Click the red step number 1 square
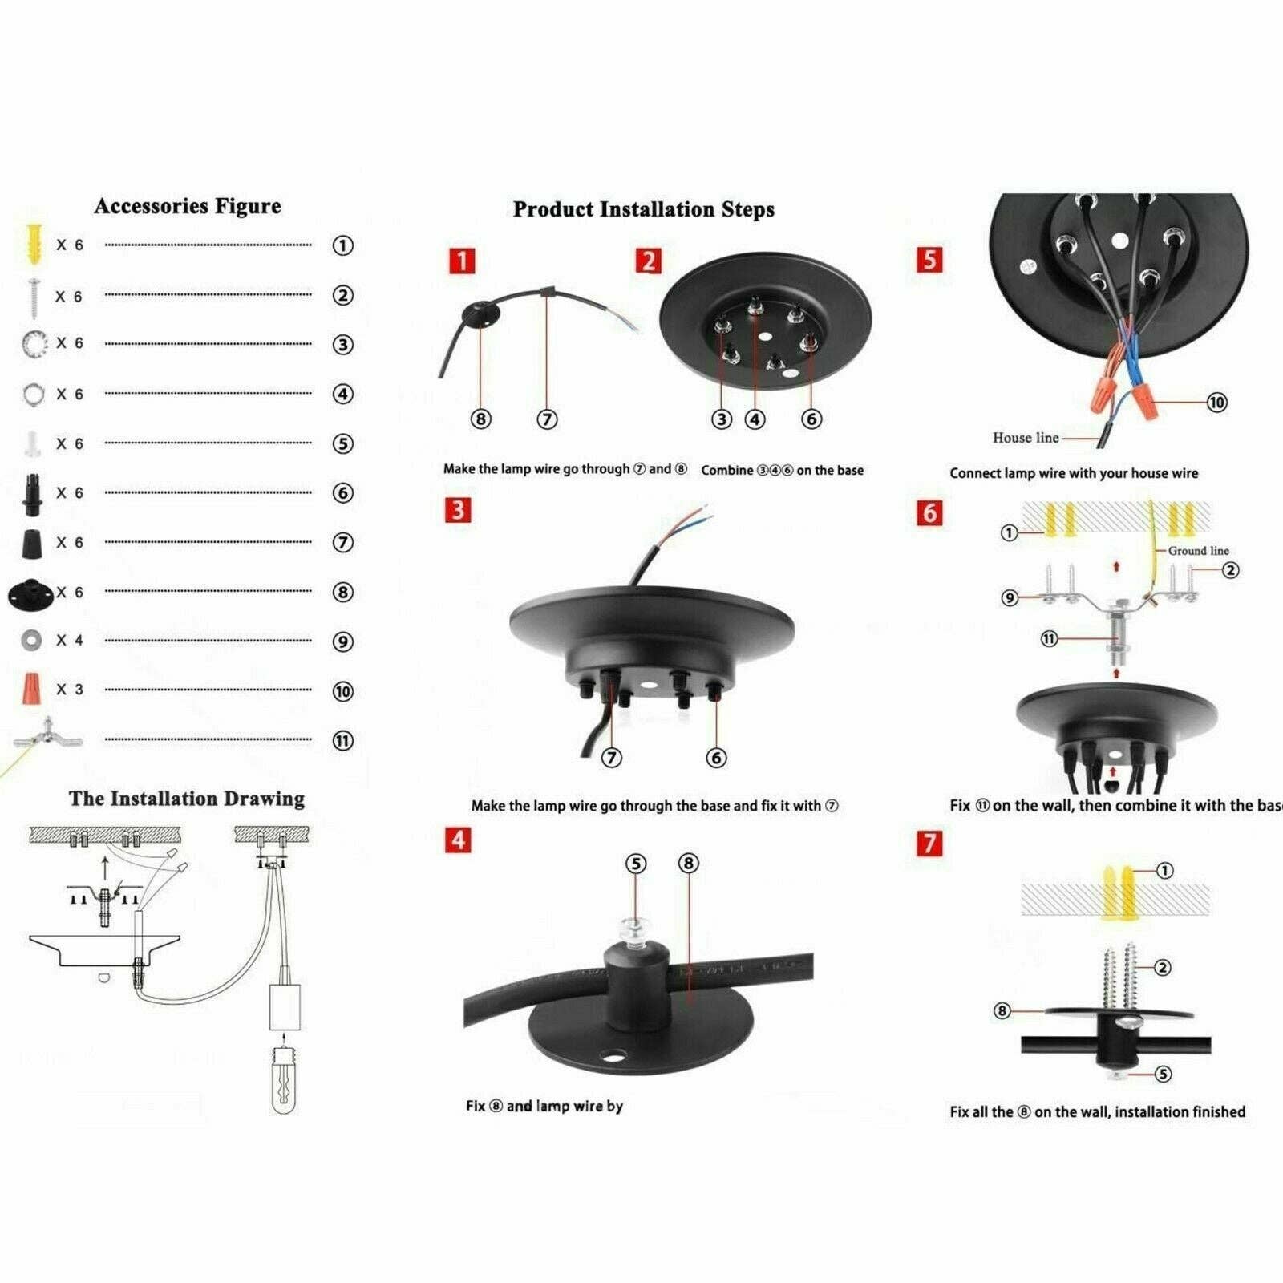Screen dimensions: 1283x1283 (x=462, y=261)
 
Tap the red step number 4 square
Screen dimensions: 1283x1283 (x=458, y=840)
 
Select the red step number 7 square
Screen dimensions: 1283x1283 (x=929, y=843)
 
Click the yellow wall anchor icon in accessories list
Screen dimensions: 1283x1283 (x=33, y=244)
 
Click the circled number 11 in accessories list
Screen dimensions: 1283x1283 (x=342, y=741)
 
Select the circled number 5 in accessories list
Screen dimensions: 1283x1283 (x=342, y=444)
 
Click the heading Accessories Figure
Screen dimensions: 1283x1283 (x=188, y=206)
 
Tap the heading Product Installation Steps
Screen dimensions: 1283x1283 (x=644, y=209)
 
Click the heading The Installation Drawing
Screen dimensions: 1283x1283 (x=187, y=799)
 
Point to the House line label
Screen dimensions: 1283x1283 (x=1025, y=438)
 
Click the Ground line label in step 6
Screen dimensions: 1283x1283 (x=1198, y=551)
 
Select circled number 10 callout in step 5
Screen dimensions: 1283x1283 (x=1216, y=403)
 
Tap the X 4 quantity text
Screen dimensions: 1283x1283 (x=69, y=641)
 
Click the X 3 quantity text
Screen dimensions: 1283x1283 (x=69, y=690)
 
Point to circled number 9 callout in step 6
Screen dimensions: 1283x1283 (x=1010, y=597)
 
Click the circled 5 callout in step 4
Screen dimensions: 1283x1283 (x=636, y=864)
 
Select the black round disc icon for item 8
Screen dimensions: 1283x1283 (x=31, y=593)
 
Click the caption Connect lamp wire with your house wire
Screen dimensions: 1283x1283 (x=1074, y=473)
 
